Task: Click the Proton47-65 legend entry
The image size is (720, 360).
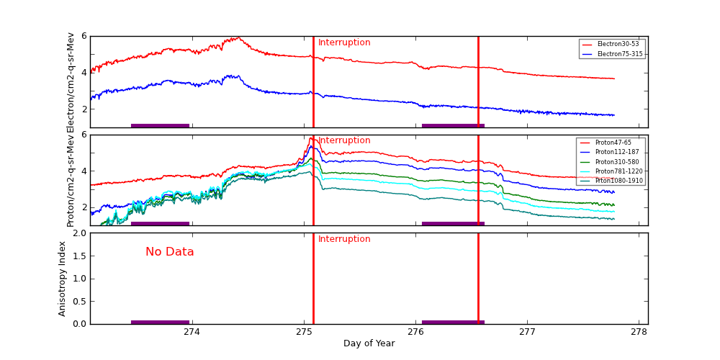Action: (x=613, y=143)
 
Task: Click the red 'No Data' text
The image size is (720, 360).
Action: (x=170, y=252)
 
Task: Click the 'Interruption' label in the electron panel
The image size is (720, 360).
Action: (x=344, y=42)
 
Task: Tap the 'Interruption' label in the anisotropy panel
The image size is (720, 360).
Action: (x=344, y=239)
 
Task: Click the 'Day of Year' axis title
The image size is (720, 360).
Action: (x=369, y=343)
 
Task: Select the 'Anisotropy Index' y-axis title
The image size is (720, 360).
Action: (x=63, y=278)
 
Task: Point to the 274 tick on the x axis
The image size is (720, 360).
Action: (x=192, y=332)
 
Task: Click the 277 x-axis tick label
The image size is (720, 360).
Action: (x=528, y=332)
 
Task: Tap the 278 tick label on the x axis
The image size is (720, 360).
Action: (x=639, y=332)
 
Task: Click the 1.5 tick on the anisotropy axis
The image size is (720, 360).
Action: (x=79, y=256)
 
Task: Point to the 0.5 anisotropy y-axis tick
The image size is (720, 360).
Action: (x=79, y=301)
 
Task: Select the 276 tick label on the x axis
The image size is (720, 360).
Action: (x=415, y=332)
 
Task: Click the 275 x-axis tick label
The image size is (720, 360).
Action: (x=304, y=332)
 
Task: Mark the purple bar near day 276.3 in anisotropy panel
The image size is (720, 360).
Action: (x=453, y=322)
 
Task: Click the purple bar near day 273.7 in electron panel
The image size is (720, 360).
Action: (x=160, y=125)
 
